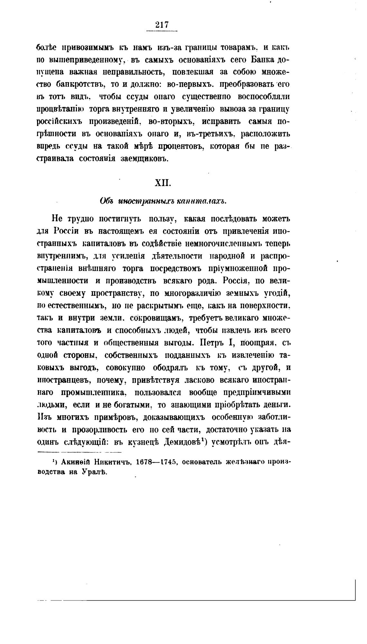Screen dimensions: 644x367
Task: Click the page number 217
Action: (162, 25)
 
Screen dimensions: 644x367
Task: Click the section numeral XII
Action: (162, 183)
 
